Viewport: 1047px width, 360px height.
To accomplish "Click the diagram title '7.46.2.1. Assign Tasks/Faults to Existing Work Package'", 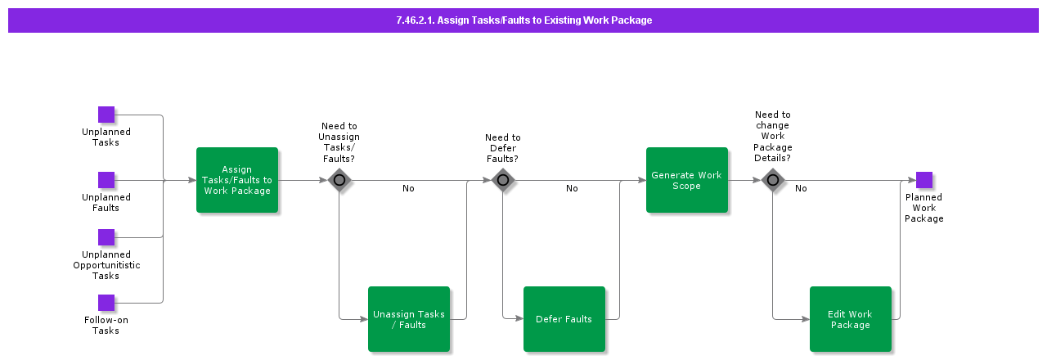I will [523, 20].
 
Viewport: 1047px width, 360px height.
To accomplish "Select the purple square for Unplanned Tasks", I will [106, 115].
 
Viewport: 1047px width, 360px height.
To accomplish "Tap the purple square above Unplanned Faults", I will [106, 180].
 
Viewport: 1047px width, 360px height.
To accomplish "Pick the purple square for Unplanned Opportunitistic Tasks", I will [106, 237].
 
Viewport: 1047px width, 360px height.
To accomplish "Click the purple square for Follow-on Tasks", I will [106, 303].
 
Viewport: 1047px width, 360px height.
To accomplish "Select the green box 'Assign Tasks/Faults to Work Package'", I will [237, 180].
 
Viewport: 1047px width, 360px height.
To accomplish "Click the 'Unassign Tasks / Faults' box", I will [409, 319].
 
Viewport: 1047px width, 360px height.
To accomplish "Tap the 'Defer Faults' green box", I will [564, 319].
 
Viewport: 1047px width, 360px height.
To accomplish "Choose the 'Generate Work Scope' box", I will [687, 180].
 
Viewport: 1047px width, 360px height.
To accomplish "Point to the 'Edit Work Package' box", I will [851, 319].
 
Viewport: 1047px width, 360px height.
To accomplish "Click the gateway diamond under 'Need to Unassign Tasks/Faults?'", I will [339, 180].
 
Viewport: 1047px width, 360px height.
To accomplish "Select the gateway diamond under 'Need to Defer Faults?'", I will [503, 180].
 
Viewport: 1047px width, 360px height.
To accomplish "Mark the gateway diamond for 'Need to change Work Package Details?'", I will [773, 180].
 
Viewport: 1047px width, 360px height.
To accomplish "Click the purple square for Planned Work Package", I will [924, 180].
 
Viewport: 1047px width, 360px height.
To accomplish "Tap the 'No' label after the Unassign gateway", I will [408, 189].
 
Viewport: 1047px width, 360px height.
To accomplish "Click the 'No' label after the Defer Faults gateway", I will [572, 189].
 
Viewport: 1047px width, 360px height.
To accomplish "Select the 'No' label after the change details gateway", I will [801, 189].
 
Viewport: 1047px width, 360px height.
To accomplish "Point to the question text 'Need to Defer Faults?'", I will [503, 148].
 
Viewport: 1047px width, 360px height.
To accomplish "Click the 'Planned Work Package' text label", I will [924, 208].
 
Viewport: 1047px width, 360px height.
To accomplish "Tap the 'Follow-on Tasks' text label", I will [106, 325].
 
